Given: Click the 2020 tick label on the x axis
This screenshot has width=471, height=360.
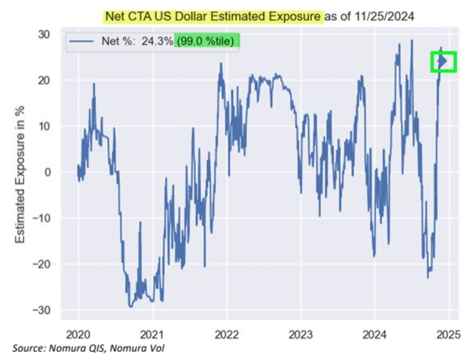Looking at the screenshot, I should (78, 332).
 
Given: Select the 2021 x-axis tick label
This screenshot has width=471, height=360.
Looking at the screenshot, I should (152, 332).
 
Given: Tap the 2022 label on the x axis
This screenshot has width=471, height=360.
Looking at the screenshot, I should (226, 332).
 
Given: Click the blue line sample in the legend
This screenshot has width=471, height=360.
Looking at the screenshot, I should (84, 41).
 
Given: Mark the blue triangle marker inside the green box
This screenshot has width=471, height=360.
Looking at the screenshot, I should (443, 61).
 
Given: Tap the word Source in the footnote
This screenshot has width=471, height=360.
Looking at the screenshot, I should (28, 348).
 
